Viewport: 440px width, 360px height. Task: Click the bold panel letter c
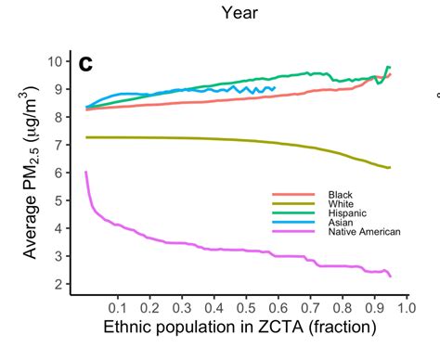[x=85, y=64]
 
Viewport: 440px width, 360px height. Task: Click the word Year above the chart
[x=239, y=13]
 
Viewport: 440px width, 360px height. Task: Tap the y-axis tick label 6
[x=58, y=173]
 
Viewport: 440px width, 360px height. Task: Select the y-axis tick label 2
[x=58, y=284]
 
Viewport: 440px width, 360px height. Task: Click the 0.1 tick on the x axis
[x=118, y=308]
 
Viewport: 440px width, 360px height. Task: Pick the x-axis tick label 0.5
[x=246, y=308]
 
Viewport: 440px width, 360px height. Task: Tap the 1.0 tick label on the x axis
[x=407, y=308]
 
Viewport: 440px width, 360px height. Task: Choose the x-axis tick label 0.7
[x=310, y=308]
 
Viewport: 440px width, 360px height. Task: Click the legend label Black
[x=340, y=195]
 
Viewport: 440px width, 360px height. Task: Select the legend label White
[x=341, y=204]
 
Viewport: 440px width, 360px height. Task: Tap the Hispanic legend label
[x=347, y=213]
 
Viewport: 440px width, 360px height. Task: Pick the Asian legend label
[x=341, y=223]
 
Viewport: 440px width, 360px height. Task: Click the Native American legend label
[x=364, y=232]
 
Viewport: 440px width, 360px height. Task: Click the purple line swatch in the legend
[x=293, y=231]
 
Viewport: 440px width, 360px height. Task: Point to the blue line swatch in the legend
[x=293, y=222]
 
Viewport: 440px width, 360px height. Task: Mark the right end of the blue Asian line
[x=275, y=88]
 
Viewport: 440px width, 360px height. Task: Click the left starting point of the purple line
[x=85, y=172]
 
